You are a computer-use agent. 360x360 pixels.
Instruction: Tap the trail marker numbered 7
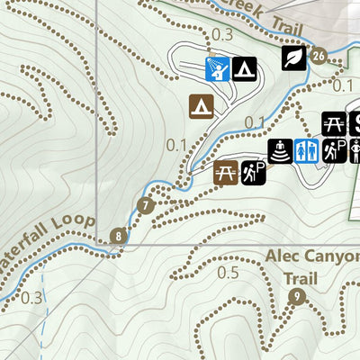(x=146, y=205)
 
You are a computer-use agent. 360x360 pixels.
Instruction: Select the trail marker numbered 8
(x=118, y=237)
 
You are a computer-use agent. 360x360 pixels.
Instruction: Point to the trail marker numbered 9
(x=295, y=298)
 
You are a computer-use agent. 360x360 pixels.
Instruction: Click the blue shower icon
(x=216, y=67)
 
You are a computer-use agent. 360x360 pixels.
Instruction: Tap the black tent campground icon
(x=244, y=67)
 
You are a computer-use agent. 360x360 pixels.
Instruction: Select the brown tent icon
(x=200, y=106)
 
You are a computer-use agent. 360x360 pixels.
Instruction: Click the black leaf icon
(x=292, y=58)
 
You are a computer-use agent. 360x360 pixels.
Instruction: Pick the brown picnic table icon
(x=226, y=172)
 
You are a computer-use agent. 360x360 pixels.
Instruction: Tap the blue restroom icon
(x=307, y=150)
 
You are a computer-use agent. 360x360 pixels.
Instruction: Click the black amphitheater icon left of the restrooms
(x=280, y=150)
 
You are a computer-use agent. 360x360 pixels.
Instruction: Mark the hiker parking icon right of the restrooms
(x=335, y=150)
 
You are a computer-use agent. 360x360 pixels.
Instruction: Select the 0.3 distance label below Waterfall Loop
(x=32, y=297)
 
